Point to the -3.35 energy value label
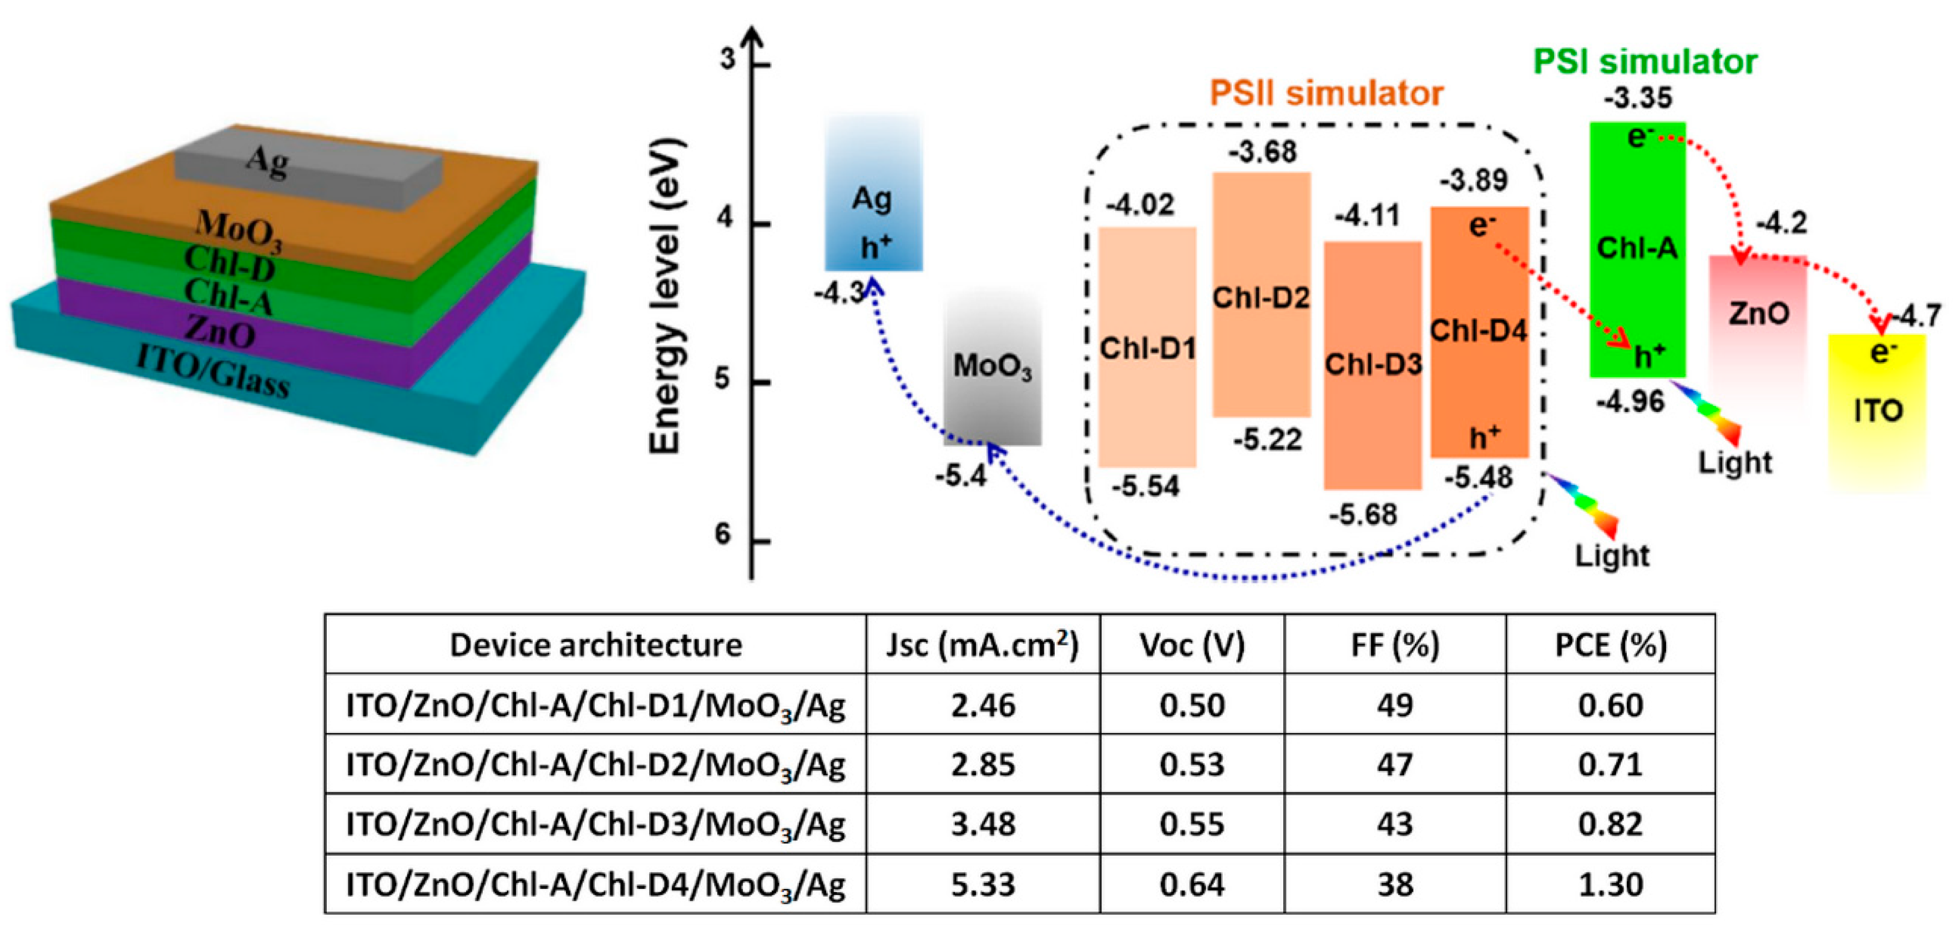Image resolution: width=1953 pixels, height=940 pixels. pos(1638,98)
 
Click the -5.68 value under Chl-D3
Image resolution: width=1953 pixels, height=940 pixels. pos(1363,515)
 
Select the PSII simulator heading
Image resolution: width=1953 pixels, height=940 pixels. pos(1326,93)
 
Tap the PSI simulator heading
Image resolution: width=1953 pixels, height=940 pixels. pos(1645,62)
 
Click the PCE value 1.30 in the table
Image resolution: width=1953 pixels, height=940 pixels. pos(1610,884)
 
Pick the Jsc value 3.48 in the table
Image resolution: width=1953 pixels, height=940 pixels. pos(983,824)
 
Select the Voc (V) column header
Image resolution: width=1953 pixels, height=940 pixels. pos(1192,645)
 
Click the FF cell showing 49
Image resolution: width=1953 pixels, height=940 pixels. pos(1394,705)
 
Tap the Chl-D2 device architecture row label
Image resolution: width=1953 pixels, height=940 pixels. pos(595,765)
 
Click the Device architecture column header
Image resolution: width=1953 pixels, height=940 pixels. pos(595,645)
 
